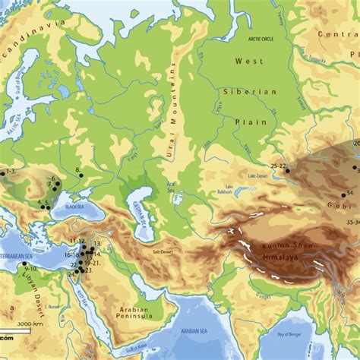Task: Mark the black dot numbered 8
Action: click(81, 175)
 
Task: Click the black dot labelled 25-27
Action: click(287, 172)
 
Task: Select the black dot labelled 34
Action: click(343, 194)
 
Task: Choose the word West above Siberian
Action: click(248, 61)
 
